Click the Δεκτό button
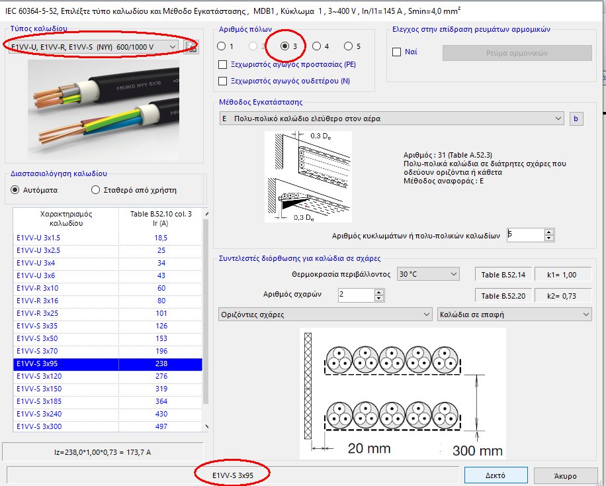(x=496, y=475)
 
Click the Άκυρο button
(x=566, y=475)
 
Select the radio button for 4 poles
(x=317, y=46)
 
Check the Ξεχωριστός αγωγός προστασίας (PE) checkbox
(x=223, y=64)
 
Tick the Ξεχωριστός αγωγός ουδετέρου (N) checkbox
(x=223, y=81)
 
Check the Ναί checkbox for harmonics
(x=397, y=52)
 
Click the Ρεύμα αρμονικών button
(x=517, y=52)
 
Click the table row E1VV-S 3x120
(x=66, y=375)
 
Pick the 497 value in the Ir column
(x=161, y=426)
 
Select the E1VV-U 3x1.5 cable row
(x=66, y=237)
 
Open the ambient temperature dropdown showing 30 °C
(x=427, y=274)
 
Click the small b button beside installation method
(x=576, y=119)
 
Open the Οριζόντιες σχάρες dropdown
(x=325, y=315)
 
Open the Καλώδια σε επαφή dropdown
(x=514, y=315)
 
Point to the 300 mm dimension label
(x=478, y=450)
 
